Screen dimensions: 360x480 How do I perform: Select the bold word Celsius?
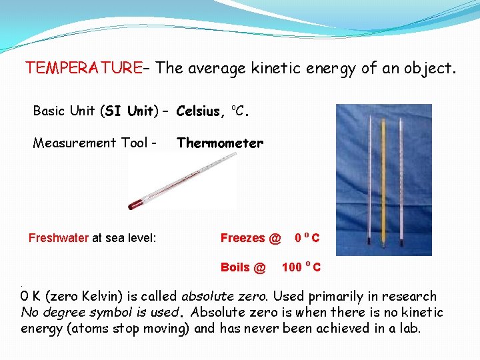[201, 111]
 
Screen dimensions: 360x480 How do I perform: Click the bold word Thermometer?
[220, 143]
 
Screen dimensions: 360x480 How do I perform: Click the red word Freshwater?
[59, 238]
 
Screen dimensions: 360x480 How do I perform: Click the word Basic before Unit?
[49, 111]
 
